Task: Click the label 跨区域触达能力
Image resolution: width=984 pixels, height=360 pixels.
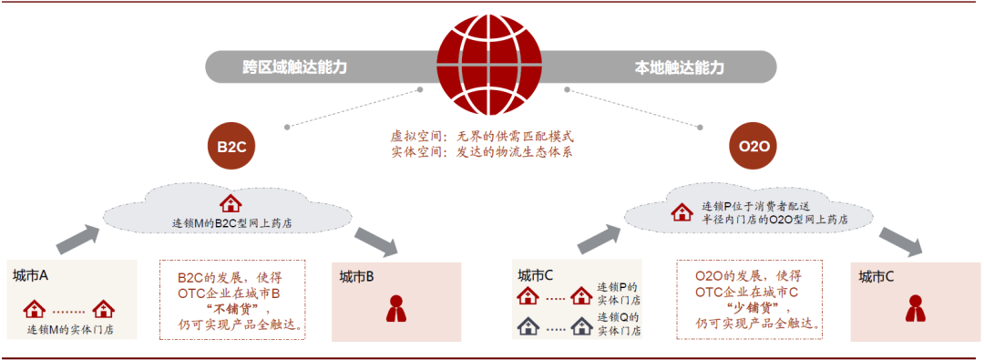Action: pos(294,67)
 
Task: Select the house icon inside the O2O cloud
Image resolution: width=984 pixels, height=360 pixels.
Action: pos(682,211)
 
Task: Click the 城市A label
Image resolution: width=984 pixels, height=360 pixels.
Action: pos(30,275)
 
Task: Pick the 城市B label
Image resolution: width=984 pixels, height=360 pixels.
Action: pos(357,276)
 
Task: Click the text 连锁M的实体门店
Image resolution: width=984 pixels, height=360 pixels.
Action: pos(70,329)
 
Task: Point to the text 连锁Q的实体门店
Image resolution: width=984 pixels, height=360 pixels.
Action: pos(618,324)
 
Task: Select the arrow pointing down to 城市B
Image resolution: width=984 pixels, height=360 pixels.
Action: pos(376,242)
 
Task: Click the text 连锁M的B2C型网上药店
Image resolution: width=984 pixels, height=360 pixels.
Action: pos(232,223)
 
